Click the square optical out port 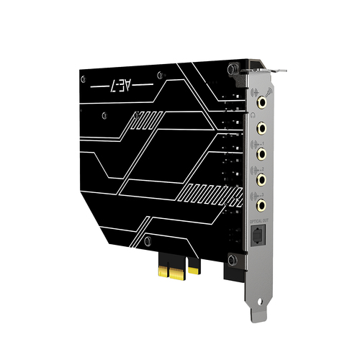260,235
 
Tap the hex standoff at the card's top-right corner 231,68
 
